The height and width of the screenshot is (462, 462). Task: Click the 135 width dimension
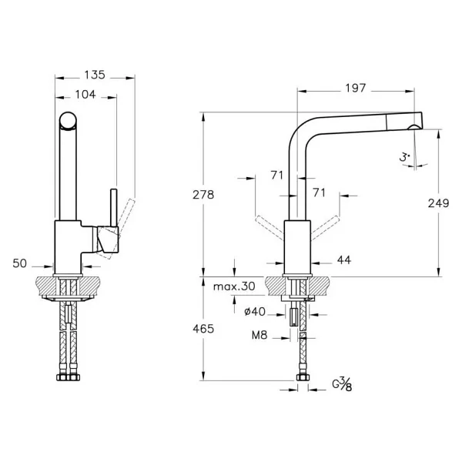(95, 75)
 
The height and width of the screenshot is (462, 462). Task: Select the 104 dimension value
(85, 95)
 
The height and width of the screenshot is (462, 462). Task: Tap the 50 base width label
(20, 263)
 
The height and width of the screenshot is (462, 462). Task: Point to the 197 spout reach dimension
(356, 88)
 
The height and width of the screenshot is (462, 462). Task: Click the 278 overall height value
(203, 195)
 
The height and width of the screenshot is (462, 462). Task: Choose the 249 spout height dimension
(438, 203)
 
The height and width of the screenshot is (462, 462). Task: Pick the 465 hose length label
(203, 329)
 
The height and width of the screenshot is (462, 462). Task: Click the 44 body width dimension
(344, 260)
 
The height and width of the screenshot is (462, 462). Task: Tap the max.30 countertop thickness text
(234, 286)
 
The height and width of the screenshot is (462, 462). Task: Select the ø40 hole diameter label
(255, 311)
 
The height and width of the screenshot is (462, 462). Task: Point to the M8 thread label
(259, 335)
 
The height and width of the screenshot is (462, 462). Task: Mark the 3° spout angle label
(404, 157)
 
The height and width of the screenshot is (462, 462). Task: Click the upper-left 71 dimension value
(277, 176)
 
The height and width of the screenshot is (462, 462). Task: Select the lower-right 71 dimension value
(319, 192)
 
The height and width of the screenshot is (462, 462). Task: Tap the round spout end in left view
(68, 121)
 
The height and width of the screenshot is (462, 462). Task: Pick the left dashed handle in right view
(269, 228)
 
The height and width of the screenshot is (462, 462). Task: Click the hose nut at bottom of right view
(303, 377)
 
